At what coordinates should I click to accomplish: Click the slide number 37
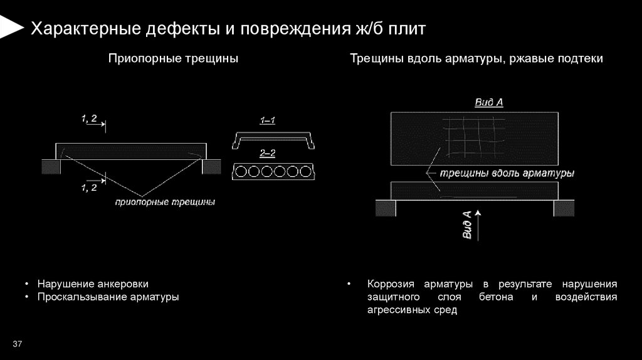click(17, 344)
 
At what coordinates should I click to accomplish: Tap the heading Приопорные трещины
click(173, 59)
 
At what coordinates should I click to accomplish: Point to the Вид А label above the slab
click(489, 102)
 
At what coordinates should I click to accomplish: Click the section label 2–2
click(268, 154)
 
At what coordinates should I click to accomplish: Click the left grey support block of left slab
click(50, 166)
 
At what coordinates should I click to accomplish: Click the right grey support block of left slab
click(211, 166)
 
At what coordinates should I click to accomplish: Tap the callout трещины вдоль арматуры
click(507, 172)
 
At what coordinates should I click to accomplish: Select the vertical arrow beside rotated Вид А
click(478, 225)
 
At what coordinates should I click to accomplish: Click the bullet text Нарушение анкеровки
click(93, 284)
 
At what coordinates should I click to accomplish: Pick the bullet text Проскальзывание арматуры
click(108, 297)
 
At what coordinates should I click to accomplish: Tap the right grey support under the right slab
click(564, 207)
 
